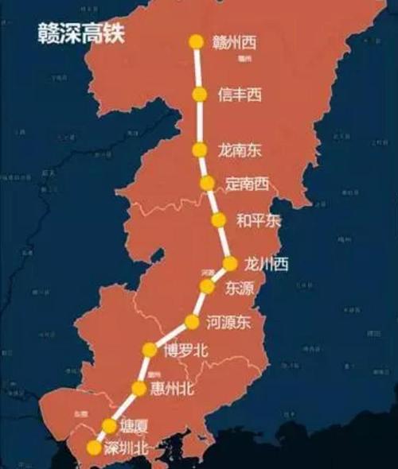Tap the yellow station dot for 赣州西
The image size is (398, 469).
pos(196,42)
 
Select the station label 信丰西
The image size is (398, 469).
pos(240,95)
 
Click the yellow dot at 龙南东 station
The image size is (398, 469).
pos(200,149)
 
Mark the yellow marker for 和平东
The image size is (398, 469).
pos(218,220)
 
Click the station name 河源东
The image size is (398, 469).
pos(228,323)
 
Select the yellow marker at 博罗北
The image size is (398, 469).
pos(150,350)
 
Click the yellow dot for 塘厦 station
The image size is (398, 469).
pos(110,426)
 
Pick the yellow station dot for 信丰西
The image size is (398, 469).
pos(199,95)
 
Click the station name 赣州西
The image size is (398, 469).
pos(236,42)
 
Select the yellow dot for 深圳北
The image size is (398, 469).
pos(95,448)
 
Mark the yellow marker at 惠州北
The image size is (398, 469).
pos(139,389)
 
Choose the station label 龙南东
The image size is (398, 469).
pos(239,149)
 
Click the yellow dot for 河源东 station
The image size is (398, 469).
pos(192,322)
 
